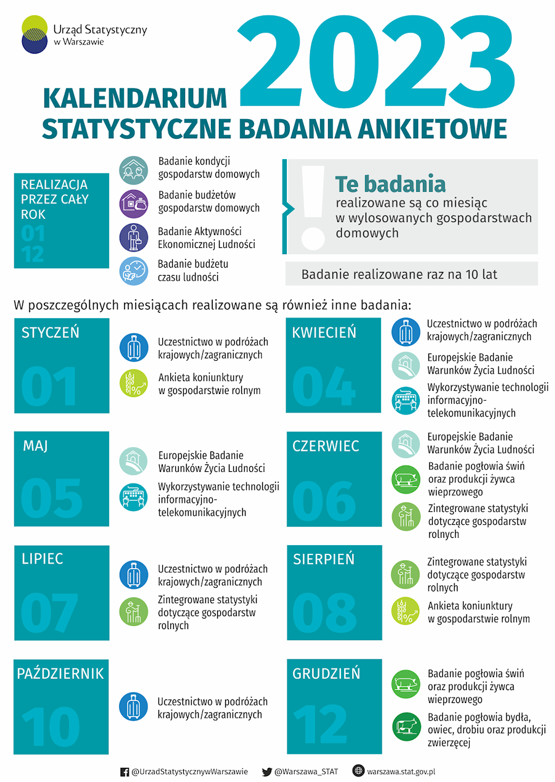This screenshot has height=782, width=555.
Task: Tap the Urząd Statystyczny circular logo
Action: click(x=35, y=35)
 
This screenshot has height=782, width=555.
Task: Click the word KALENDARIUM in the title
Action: click(x=135, y=99)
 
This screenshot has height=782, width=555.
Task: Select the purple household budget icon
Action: click(x=134, y=204)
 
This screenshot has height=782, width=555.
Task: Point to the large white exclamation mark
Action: click(x=313, y=207)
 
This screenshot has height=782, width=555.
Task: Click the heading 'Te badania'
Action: click(x=390, y=184)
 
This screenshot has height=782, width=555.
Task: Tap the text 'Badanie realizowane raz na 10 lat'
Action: click(x=399, y=274)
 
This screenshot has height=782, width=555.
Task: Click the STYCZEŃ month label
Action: click(x=51, y=333)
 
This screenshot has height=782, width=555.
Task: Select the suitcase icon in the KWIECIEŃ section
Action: click(x=406, y=332)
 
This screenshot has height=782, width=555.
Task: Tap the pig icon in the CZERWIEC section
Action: click(x=406, y=479)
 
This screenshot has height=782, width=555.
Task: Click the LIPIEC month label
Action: click(x=43, y=559)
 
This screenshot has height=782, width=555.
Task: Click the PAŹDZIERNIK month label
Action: click(x=60, y=673)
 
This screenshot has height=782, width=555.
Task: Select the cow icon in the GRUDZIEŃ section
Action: click(x=406, y=726)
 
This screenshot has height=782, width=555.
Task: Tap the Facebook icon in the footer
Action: click(x=125, y=772)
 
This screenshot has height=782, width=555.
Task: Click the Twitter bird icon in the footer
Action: click(x=267, y=772)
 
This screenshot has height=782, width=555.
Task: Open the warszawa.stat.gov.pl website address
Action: click(x=401, y=772)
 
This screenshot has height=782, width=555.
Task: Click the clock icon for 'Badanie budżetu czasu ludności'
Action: click(x=134, y=271)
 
